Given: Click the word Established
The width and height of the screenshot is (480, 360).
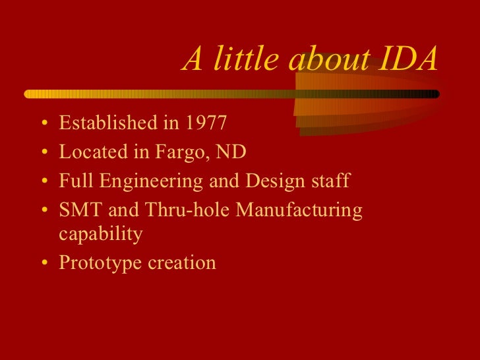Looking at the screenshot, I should (102, 123).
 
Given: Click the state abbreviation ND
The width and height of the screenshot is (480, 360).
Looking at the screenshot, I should (231, 152).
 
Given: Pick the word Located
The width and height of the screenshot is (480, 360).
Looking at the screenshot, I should (89, 152).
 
